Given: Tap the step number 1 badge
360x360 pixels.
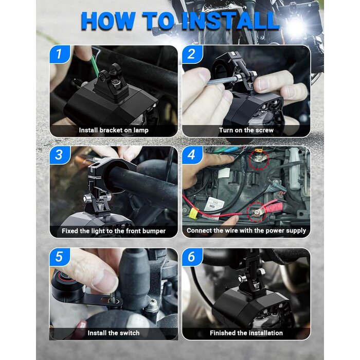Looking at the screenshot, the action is click(x=60, y=54).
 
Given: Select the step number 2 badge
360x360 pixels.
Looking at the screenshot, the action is click(x=192, y=54).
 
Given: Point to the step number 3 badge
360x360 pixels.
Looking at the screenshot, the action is click(x=60, y=155).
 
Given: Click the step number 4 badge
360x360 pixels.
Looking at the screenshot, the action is click(x=192, y=155).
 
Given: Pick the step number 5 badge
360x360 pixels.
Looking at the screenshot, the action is click(x=60, y=257).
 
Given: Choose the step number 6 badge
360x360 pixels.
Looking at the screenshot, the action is click(x=192, y=257).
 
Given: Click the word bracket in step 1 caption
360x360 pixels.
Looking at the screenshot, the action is click(x=110, y=130).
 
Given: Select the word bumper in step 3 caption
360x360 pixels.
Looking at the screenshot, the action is click(x=154, y=231).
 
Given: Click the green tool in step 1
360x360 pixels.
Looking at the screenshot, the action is click(x=95, y=66).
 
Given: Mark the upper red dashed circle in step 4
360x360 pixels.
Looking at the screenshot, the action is click(x=259, y=159).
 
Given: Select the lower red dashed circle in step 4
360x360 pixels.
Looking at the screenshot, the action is click(x=257, y=212).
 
